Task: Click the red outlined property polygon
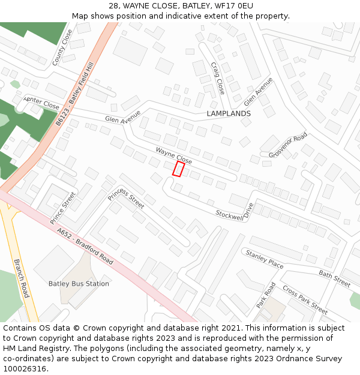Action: pyautogui.click(x=178, y=169)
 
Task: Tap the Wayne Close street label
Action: pyautogui.click(x=174, y=156)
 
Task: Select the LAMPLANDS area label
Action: pyautogui.click(x=229, y=113)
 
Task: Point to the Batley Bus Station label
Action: pyautogui.click(x=79, y=284)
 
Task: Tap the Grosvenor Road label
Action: pyautogui.click(x=288, y=145)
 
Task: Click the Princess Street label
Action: pyautogui.click(x=126, y=197)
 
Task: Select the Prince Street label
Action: pyautogui.click(x=63, y=208)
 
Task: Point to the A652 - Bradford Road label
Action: pyautogui.click(x=85, y=246)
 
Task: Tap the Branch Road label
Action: pyautogui.click(x=21, y=278)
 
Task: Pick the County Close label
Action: pyautogui.click(x=62, y=47)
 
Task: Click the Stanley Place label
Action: pyautogui.click(x=265, y=259)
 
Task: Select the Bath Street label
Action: pyautogui.click(x=335, y=278)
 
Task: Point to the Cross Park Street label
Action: pyautogui.click(x=305, y=299)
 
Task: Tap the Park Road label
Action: pyautogui.click(x=266, y=295)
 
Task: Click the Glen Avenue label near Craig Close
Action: pyautogui.click(x=259, y=91)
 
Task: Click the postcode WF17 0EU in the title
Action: pyautogui.click(x=232, y=6)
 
